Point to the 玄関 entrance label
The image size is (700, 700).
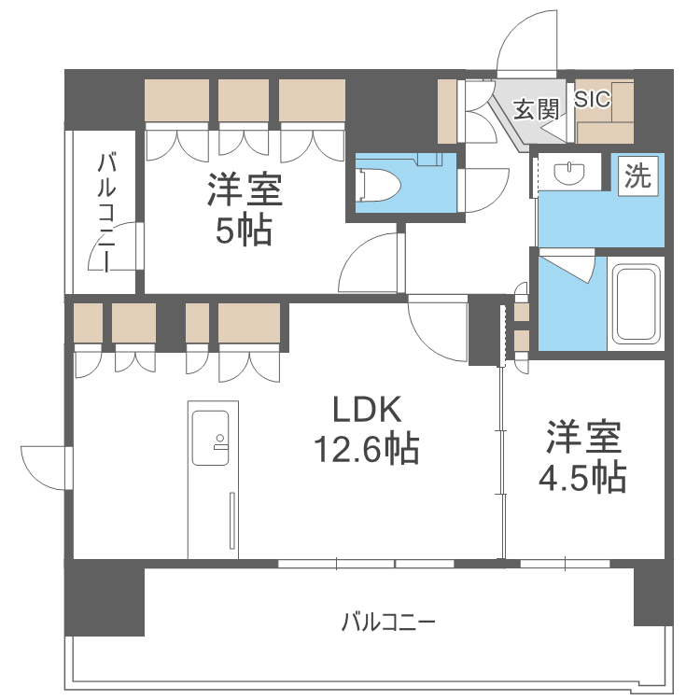535,109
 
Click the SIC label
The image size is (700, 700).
593,100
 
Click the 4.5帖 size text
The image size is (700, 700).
582,478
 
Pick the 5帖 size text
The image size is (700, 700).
244,231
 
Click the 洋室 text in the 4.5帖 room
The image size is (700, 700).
583,436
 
